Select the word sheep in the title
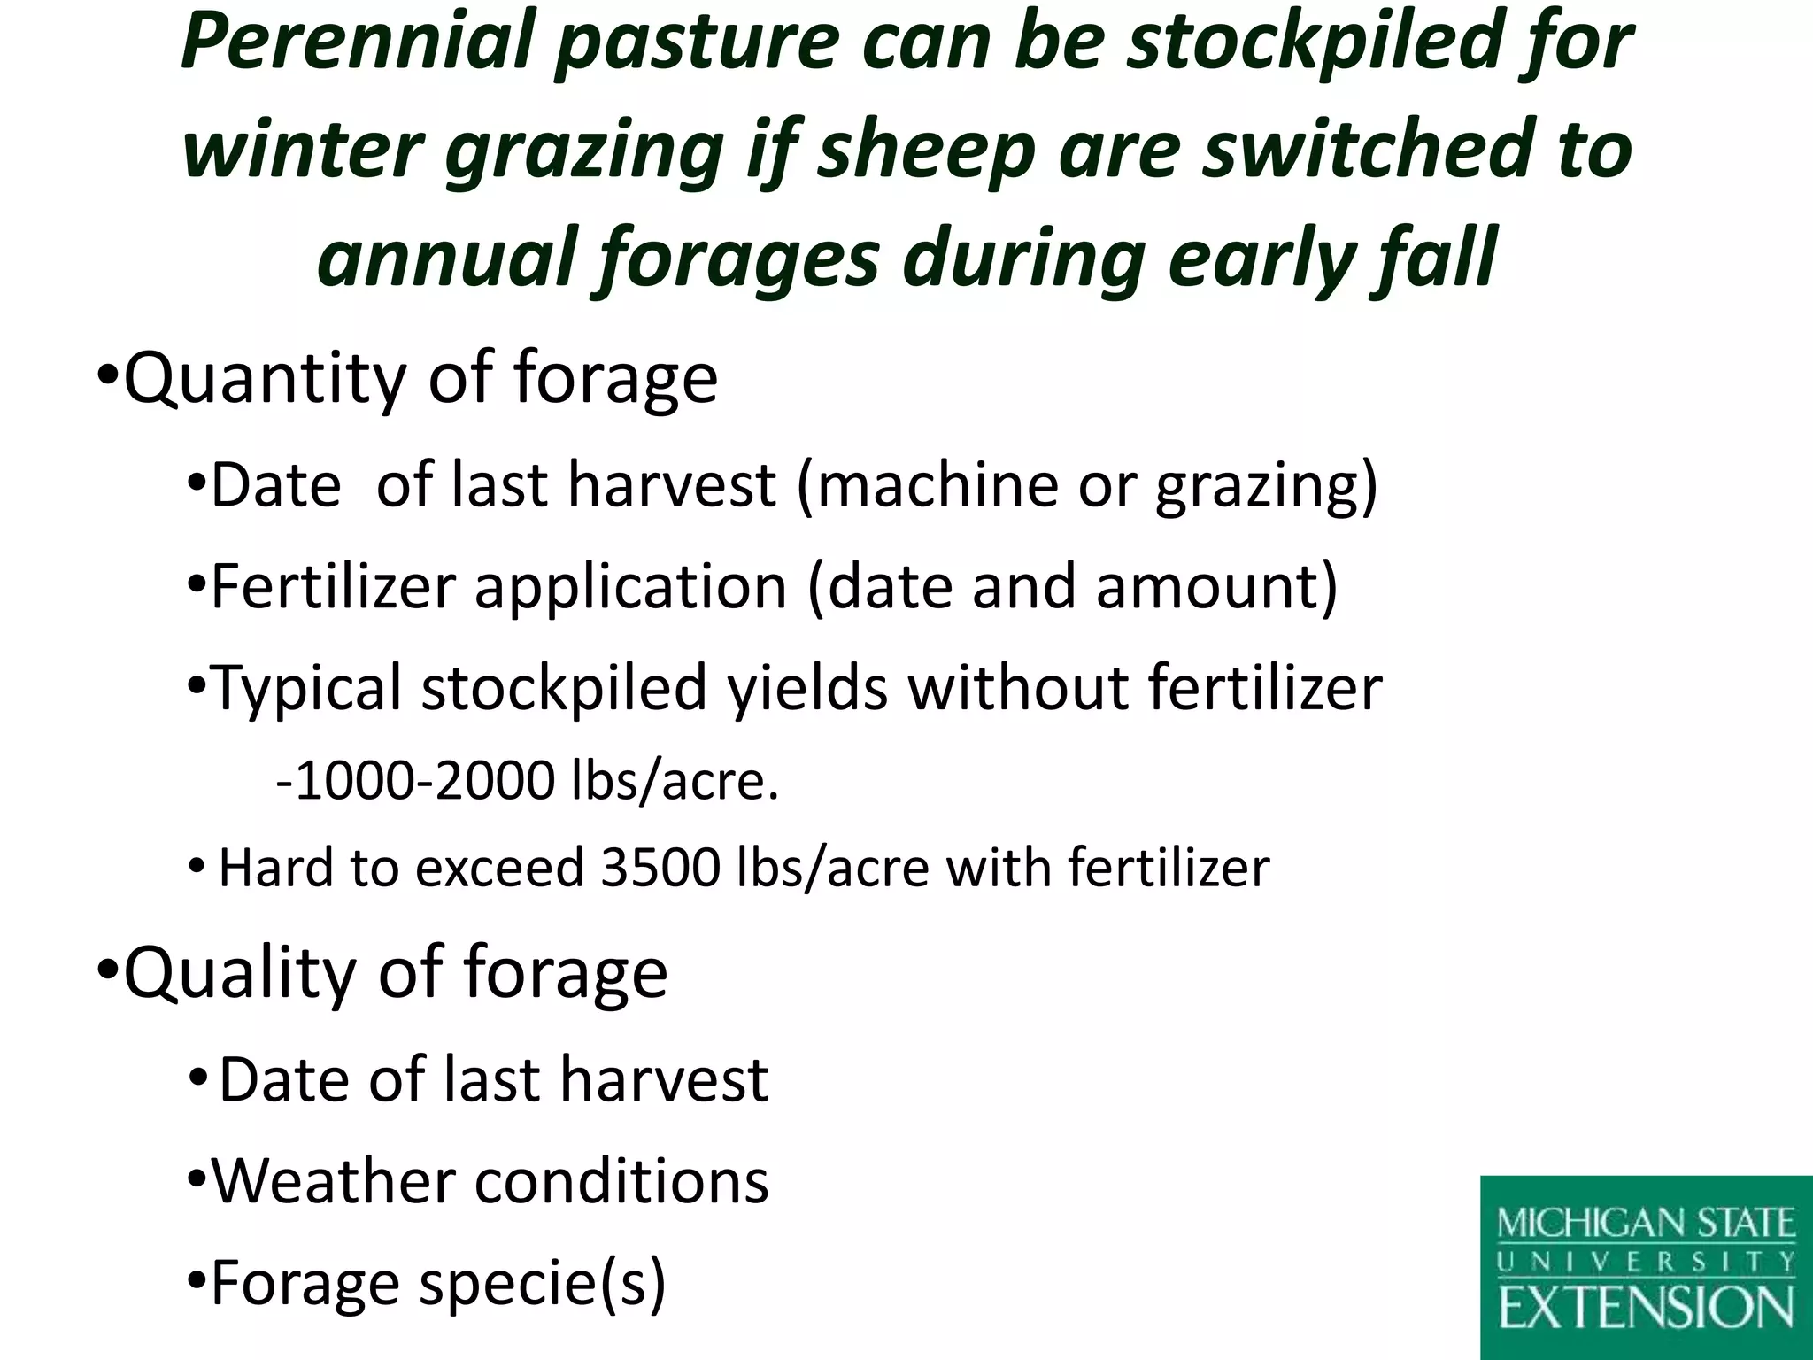click(x=925, y=151)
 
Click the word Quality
click(x=240, y=972)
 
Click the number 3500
click(x=660, y=867)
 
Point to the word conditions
click(x=621, y=1181)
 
